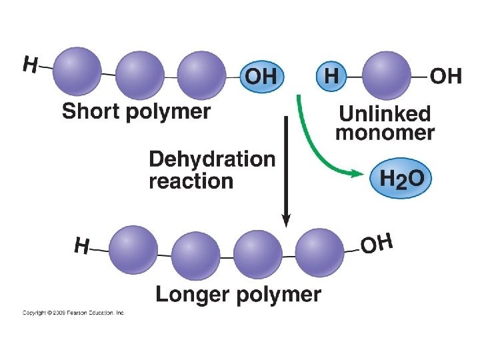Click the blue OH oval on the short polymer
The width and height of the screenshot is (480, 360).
coord(261,77)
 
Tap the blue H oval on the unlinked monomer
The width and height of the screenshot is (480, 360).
coord(331,75)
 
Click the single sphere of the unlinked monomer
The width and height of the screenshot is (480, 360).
coord(387,76)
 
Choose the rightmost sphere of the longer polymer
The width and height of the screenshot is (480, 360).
coord(320,251)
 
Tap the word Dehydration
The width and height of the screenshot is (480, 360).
coord(211,159)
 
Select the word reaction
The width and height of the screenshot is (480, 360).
coord(191,181)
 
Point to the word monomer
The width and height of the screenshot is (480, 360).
coord(385,132)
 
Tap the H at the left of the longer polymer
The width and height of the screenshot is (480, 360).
coord(81,246)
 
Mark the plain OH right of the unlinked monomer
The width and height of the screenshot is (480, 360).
coord(446,76)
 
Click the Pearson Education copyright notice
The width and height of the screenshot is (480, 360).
coord(73,313)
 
